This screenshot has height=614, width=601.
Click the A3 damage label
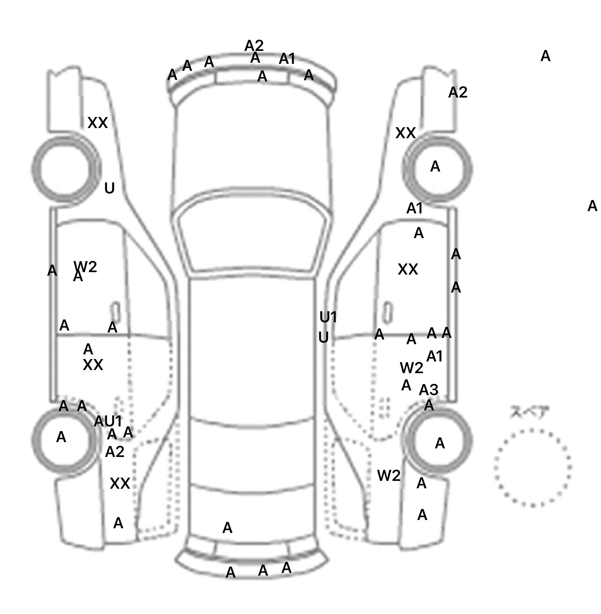coord(428,390)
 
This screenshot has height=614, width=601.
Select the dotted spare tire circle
coord(533,468)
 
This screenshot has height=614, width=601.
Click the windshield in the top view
coord(252,239)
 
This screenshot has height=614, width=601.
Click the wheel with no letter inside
coord(66,169)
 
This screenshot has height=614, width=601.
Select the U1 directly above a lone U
coord(328,317)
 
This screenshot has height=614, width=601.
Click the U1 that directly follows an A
coord(113,421)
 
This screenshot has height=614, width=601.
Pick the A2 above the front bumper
coord(254,46)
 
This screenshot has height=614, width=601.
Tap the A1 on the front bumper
coord(287,59)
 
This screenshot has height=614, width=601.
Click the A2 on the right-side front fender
coord(457,93)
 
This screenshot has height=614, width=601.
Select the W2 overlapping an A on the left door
coord(86,267)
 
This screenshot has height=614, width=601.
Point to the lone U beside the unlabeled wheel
coord(110,188)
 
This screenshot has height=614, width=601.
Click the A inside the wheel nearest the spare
coord(440,443)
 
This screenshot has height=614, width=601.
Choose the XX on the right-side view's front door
coord(408,269)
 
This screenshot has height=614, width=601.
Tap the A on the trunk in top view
coord(227,528)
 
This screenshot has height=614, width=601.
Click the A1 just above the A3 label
coord(434,357)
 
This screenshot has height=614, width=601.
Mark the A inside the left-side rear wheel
coord(61,437)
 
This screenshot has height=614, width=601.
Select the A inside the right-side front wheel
coord(435,167)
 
